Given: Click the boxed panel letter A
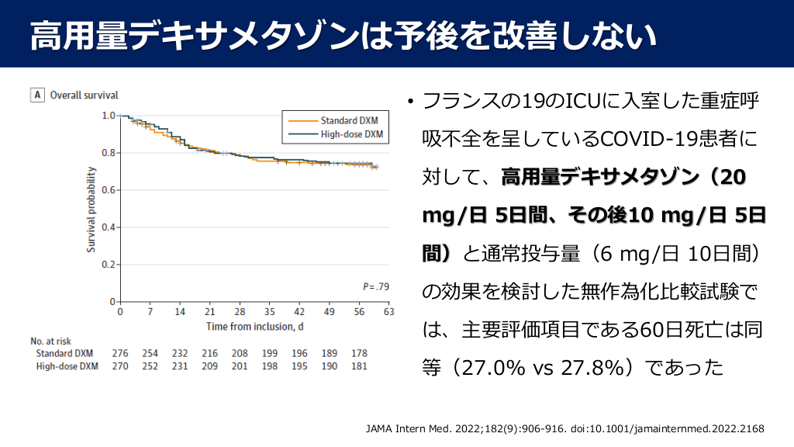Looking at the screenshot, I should click(x=36, y=95).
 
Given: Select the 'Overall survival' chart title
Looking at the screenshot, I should click(x=85, y=95).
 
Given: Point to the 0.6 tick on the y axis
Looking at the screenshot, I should click(x=109, y=190).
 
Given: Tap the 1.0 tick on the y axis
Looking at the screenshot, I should click(x=109, y=116).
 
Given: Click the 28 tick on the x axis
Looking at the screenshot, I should click(x=240, y=312).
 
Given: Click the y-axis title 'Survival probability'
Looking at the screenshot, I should click(x=91, y=209).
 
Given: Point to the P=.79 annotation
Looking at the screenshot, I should click(x=375, y=287).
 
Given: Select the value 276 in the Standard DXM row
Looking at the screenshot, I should click(x=119, y=354).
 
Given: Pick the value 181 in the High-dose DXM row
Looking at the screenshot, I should click(x=360, y=366).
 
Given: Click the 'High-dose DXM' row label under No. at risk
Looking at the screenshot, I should click(x=67, y=366).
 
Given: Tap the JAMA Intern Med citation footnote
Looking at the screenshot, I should click(x=564, y=428).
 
